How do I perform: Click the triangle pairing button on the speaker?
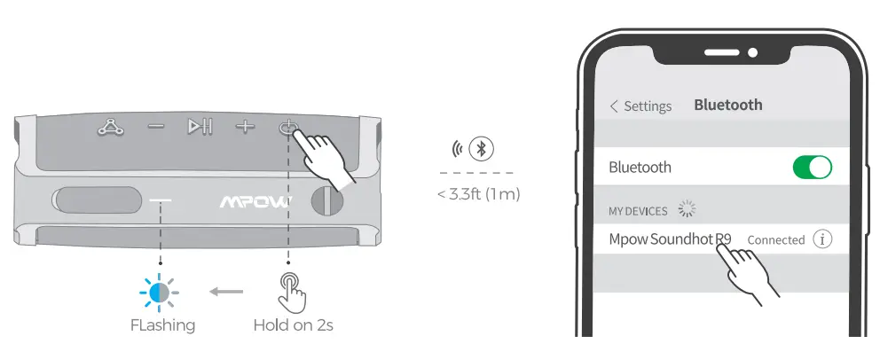point(110,128)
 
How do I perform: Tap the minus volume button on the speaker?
point(156,127)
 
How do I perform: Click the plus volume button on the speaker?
point(244,127)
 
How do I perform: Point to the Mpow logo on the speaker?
point(254,202)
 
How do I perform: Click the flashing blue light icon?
point(160,291)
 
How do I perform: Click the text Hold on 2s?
point(293,325)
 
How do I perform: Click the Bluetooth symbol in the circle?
point(483,148)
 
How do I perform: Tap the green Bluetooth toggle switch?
point(812,168)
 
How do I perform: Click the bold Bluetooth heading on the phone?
point(727,105)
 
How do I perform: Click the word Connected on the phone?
point(775,240)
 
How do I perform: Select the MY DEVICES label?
point(638,211)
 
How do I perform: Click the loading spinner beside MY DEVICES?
point(686,210)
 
